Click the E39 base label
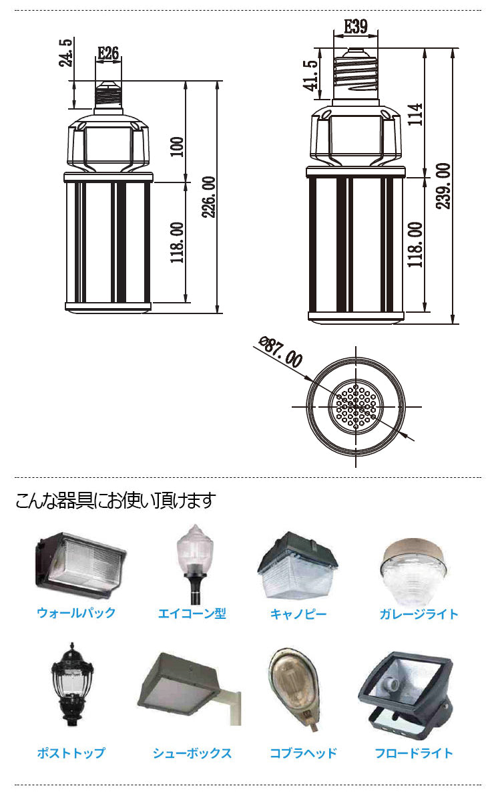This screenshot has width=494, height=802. (x=355, y=27)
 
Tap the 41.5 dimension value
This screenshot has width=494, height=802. (x=310, y=76)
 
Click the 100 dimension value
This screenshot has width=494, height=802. (x=177, y=146)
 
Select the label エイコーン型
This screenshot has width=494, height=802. (x=192, y=614)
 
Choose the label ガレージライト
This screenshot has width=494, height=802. (x=419, y=614)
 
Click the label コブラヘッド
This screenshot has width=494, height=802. (x=303, y=753)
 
